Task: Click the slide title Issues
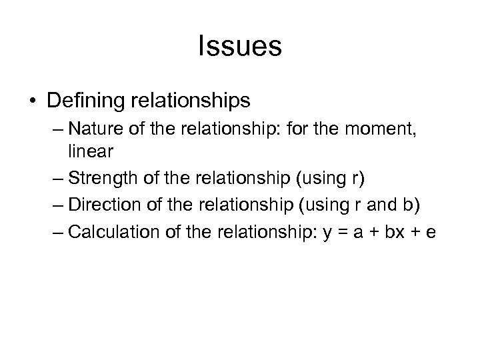click(x=240, y=47)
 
